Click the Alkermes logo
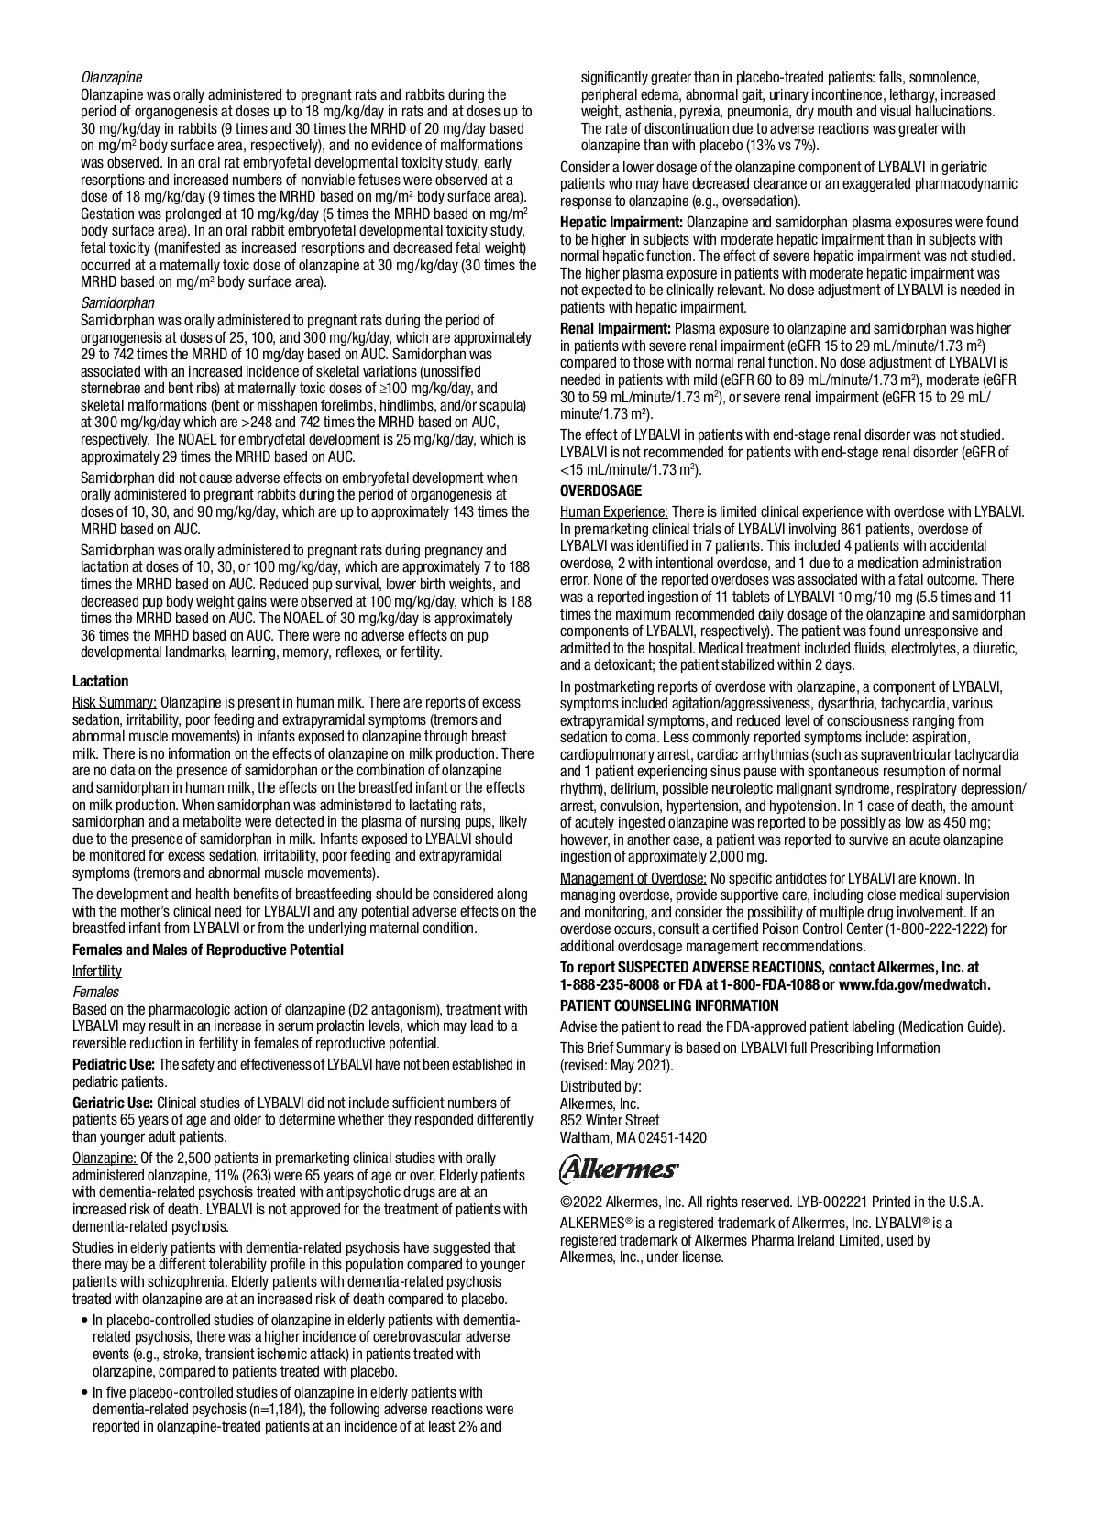click(x=619, y=1169)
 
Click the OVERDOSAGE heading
click(x=600, y=490)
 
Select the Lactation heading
click(x=100, y=681)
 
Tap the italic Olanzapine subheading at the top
click(x=112, y=77)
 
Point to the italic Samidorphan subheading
click(x=117, y=302)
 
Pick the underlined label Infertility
click(x=96, y=971)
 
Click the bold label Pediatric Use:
click(x=114, y=1064)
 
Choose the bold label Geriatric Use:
click(x=113, y=1103)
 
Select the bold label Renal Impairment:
click(x=615, y=328)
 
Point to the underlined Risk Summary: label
click(x=115, y=702)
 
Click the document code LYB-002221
click(x=823, y=1202)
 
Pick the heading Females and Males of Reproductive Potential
click(x=208, y=950)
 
